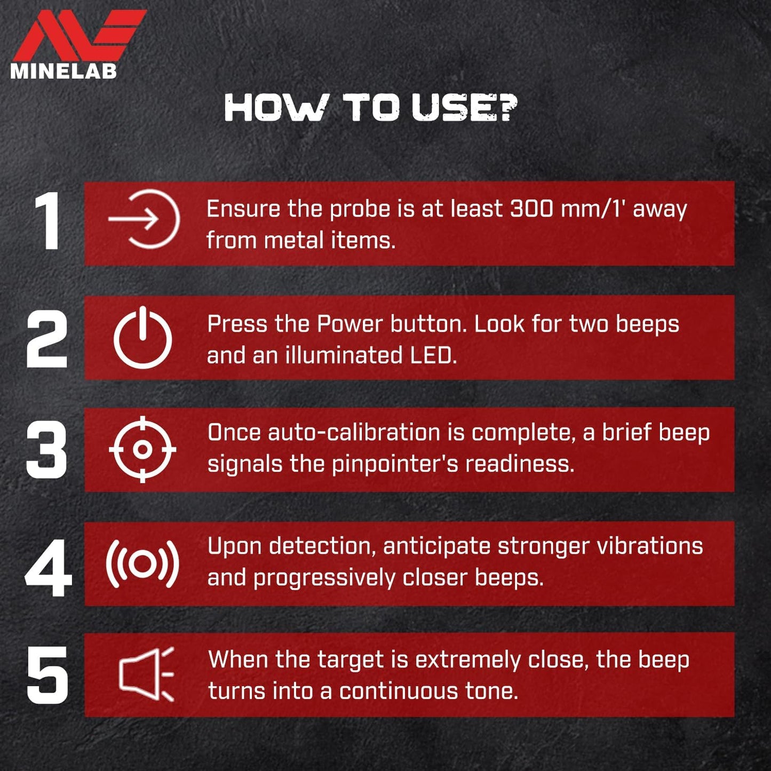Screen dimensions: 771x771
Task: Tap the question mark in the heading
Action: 505,107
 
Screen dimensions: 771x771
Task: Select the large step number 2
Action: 46,338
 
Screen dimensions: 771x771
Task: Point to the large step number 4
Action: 48,567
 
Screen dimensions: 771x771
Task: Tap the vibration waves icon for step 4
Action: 142,563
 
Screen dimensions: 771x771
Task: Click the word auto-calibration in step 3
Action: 354,433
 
